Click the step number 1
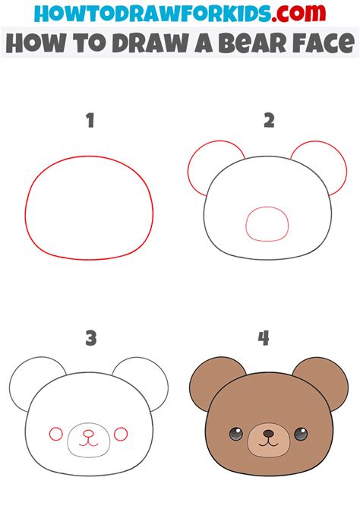(x=90, y=120)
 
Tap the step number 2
(x=267, y=120)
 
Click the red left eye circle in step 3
(x=56, y=435)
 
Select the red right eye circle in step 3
(x=120, y=435)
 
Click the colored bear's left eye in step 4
(x=234, y=435)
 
